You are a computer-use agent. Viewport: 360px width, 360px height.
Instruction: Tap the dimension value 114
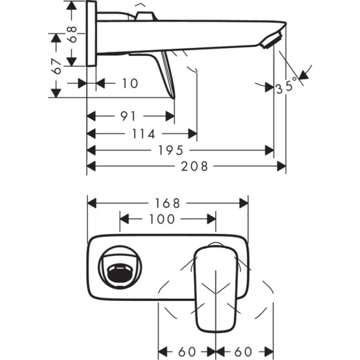click(144, 134)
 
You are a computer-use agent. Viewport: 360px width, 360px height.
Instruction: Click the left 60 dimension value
click(188, 352)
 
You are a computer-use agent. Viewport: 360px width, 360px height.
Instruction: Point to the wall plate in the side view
click(92, 33)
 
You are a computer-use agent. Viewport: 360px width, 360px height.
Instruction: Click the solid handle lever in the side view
click(167, 75)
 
